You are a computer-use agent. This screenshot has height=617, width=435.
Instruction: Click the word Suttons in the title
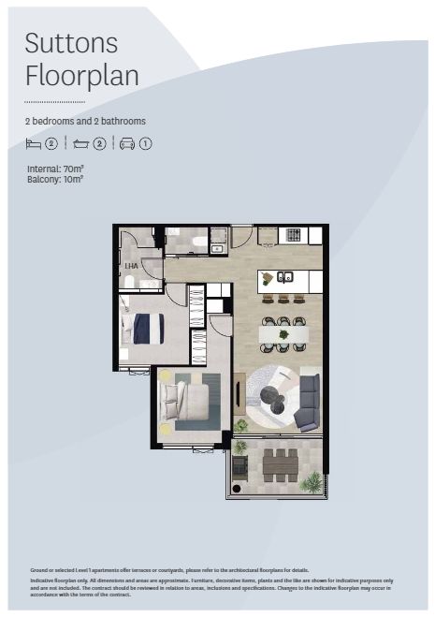[71, 42]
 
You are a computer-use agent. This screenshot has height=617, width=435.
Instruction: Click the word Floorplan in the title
[82, 75]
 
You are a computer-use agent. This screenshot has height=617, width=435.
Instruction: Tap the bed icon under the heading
[34, 143]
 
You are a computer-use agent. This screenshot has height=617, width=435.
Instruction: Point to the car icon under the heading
[126, 143]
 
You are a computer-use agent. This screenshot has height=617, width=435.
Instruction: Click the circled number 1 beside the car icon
[146, 143]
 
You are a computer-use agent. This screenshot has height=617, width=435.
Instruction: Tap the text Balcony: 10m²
[55, 178]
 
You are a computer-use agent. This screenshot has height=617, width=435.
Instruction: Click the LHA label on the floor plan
[130, 266]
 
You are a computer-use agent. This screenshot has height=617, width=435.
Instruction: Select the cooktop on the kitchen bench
[293, 234]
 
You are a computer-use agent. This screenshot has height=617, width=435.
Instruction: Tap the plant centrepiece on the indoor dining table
[284, 331]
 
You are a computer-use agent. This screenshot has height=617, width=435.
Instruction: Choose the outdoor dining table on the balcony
[280, 463]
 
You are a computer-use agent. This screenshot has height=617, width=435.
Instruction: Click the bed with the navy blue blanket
[146, 329]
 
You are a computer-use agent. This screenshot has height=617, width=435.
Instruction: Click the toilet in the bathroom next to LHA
[129, 281]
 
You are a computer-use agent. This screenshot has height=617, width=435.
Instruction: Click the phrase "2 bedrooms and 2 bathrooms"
[85, 122]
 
